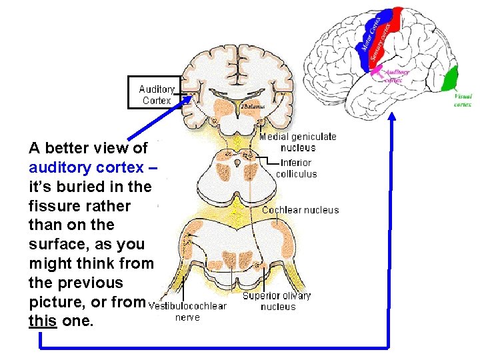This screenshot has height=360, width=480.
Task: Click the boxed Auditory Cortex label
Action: click(155, 93)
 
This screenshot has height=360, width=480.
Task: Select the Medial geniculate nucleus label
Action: click(298, 142)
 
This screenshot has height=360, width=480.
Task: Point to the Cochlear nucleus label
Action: click(300, 210)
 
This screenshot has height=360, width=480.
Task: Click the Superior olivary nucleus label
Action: click(277, 301)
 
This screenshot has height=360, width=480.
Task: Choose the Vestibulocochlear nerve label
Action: click(187, 311)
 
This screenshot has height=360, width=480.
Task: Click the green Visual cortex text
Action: click(463, 100)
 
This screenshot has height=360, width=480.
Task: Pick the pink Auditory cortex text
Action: click(397, 75)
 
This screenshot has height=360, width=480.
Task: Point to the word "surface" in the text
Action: click(57, 244)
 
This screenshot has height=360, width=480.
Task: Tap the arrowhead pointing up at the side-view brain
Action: click(391, 119)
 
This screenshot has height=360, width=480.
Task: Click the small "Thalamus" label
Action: click(253, 107)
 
